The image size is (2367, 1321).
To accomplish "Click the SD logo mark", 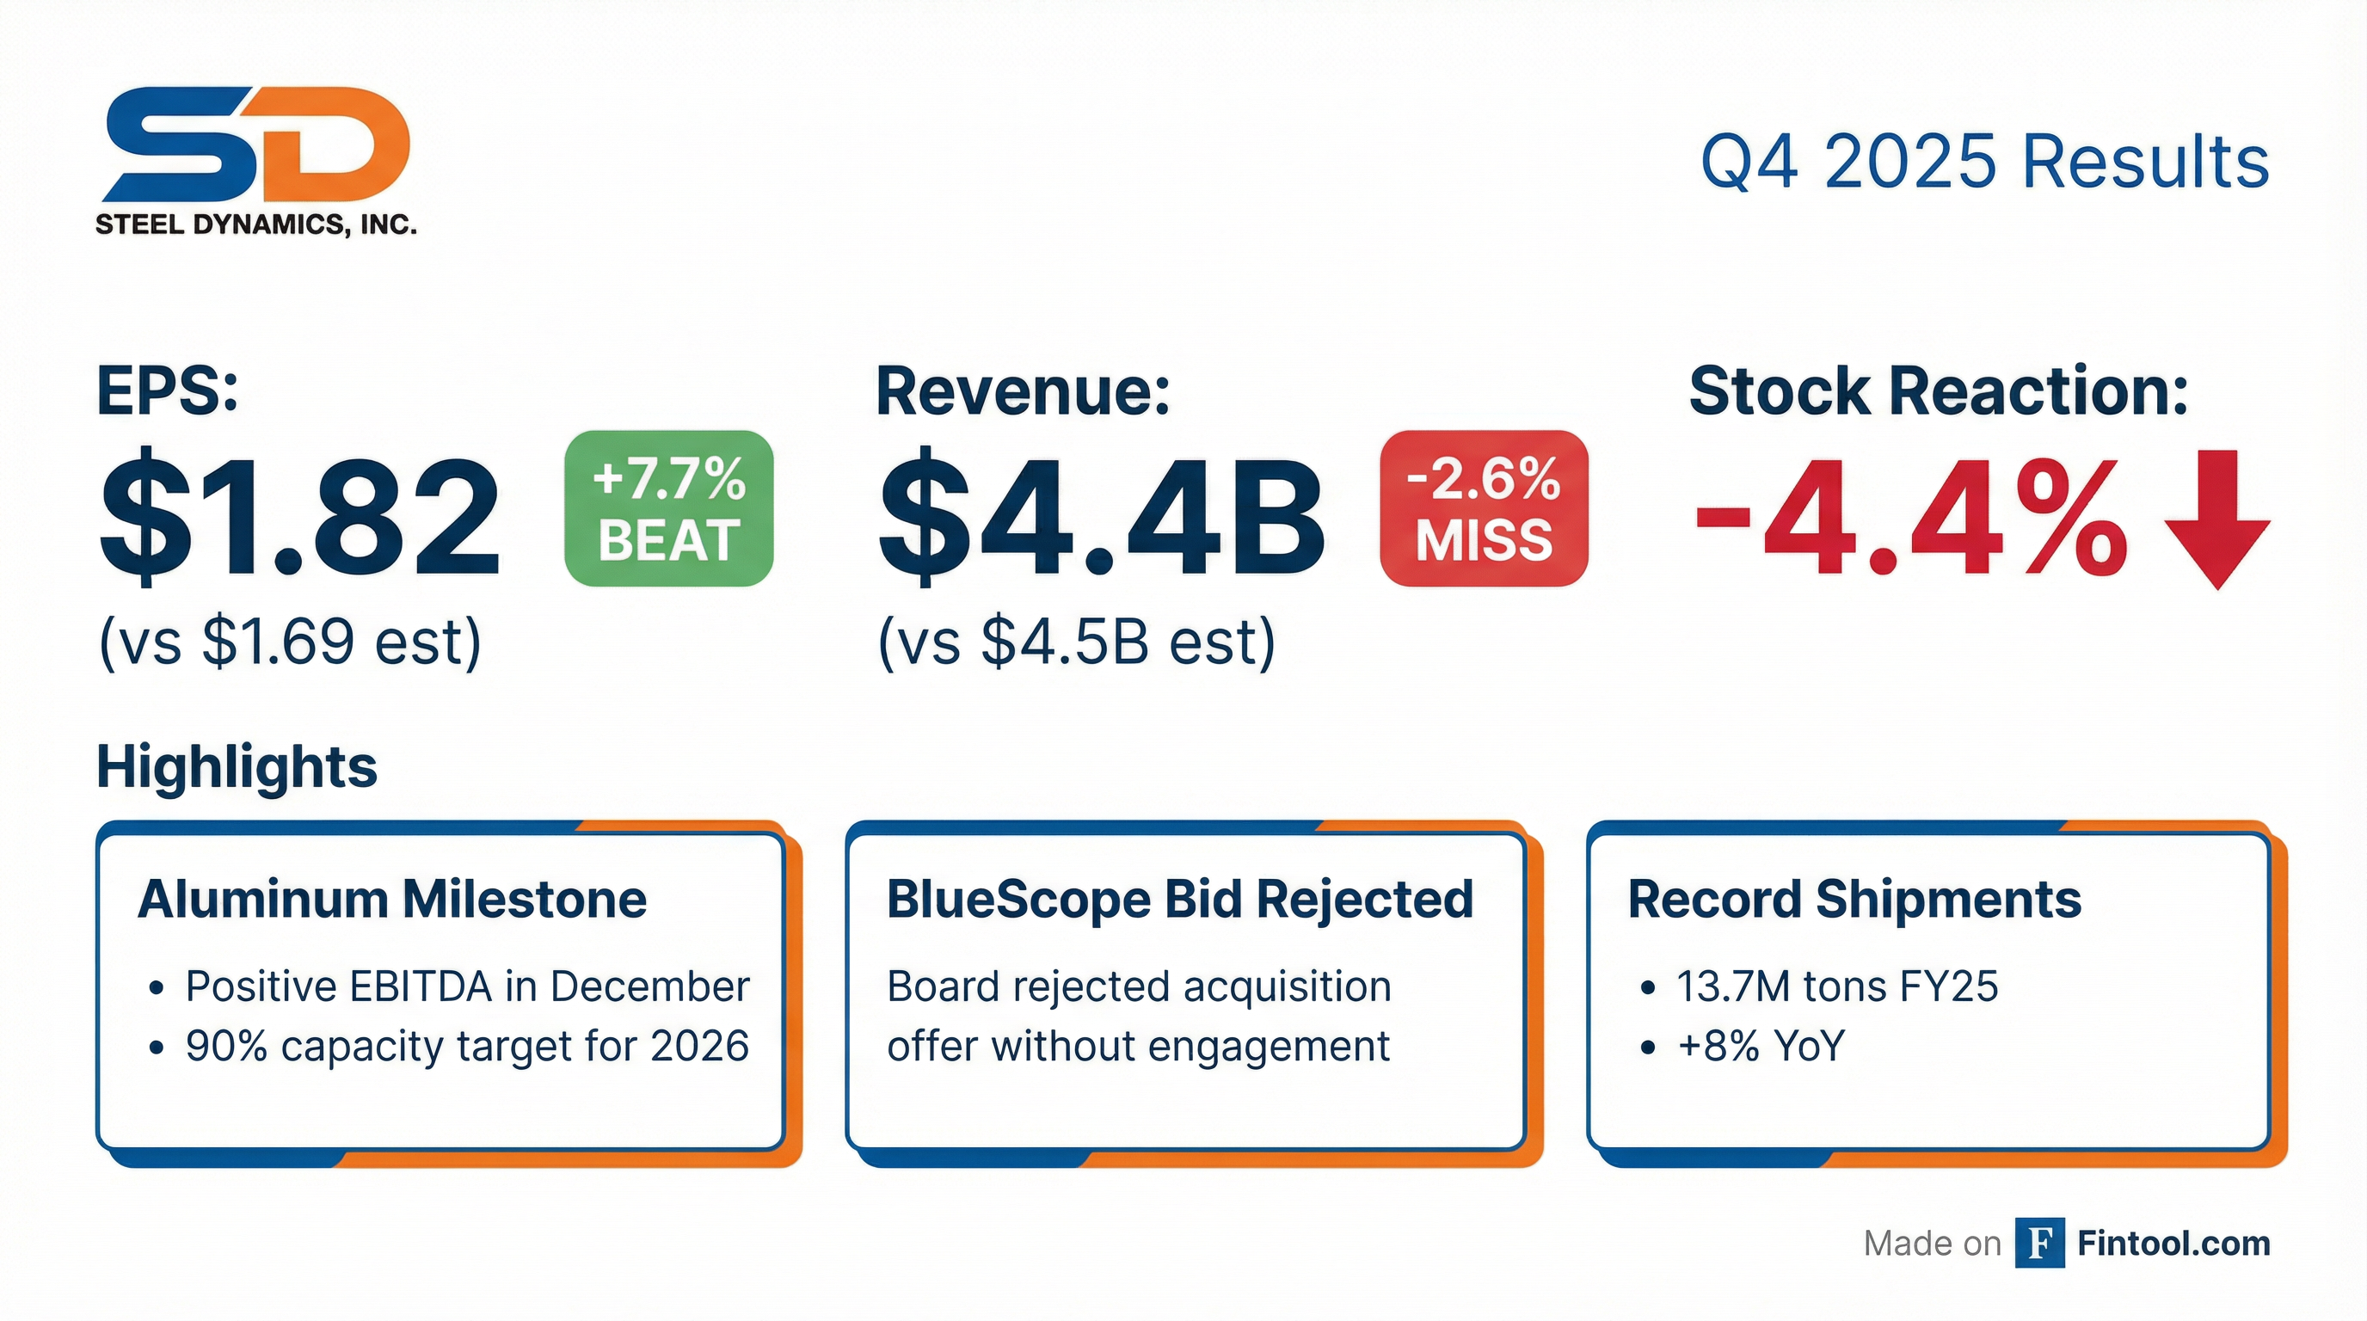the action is [x=256, y=144].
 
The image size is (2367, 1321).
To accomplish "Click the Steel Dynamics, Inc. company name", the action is [x=256, y=224].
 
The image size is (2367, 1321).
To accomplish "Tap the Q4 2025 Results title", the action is [x=1985, y=162].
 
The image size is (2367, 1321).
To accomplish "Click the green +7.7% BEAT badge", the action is [x=669, y=508].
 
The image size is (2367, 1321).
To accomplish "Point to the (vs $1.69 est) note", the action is [x=291, y=642].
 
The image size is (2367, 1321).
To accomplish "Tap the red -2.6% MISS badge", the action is [x=1484, y=508].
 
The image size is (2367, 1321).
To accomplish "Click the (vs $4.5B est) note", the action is [x=1077, y=642].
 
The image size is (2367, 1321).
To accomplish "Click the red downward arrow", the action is [x=2218, y=519].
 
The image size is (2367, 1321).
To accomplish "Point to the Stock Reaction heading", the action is [x=1939, y=391].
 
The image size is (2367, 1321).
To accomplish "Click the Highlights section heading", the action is [x=237, y=767].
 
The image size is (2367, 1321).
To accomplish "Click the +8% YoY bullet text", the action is [x=1761, y=1047].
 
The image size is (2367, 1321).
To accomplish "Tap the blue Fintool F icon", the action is [x=2040, y=1243].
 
